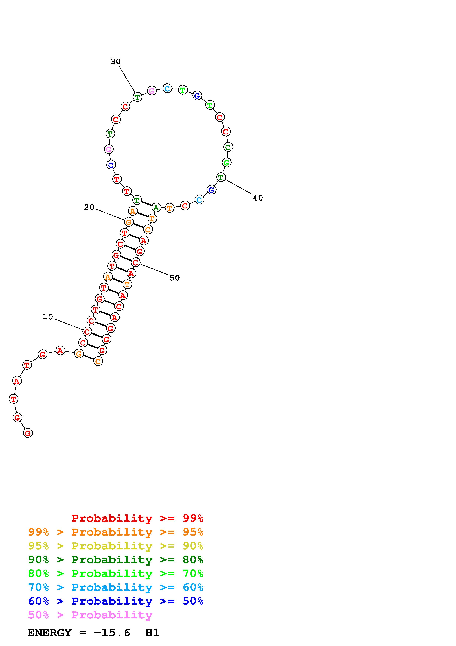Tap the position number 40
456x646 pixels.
(x=258, y=198)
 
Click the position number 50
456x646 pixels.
(x=175, y=278)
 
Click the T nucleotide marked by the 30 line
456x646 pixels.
(x=137, y=97)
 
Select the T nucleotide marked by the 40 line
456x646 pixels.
(x=221, y=177)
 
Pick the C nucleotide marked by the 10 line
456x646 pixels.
(x=87, y=332)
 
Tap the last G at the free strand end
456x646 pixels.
(x=28, y=433)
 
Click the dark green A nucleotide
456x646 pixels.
(x=156, y=208)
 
